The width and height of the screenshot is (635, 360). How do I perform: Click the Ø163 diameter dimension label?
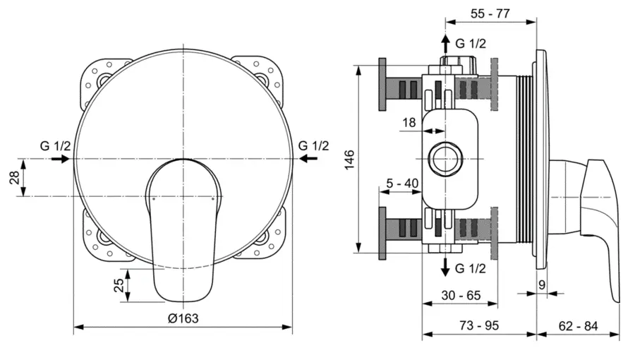pyautogui.click(x=183, y=318)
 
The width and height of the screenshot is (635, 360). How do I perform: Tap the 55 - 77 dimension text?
pyautogui.click(x=490, y=14)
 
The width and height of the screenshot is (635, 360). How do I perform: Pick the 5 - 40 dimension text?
pyautogui.click(x=403, y=184)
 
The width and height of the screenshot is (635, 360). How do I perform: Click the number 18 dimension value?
pyautogui.click(x=409, y=122)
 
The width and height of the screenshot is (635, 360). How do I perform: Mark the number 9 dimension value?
pyautogui.click(x=541, y=284)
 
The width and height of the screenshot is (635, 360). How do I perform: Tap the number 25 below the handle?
pyautogui.click(x=119, y=284)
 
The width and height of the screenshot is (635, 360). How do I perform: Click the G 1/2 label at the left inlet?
pyautogui.click(x=55, y=146)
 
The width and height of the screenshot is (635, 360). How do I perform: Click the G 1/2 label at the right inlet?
pyautogui.click(x=313, y=146)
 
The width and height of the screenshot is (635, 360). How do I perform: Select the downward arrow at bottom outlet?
pyautogui.click(x=445, y=267)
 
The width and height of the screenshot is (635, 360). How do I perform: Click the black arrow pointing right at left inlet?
pyautogui.click(x=61, y=160)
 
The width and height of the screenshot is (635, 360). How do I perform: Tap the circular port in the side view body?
pyautogui.click(x=445, y=159)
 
